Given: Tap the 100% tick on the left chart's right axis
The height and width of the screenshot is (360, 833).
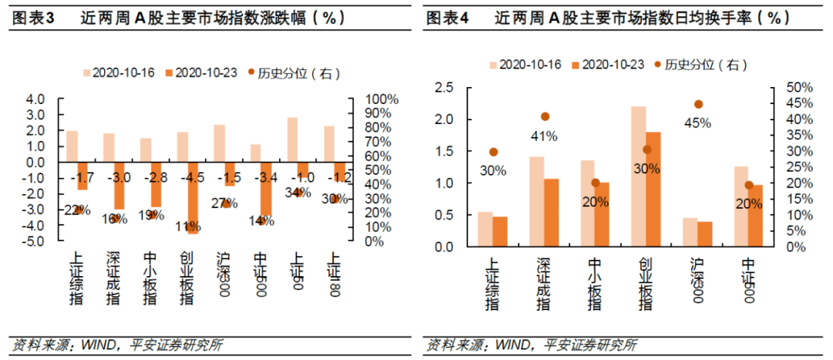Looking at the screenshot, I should coord(379,99).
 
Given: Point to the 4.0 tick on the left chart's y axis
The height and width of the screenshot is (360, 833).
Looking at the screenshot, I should coord(35,99).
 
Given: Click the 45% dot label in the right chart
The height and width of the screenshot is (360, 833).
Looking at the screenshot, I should coord(696,122).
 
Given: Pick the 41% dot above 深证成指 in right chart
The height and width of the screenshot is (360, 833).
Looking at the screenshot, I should coord(545,116).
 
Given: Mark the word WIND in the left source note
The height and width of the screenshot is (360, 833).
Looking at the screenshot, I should coord(96,345).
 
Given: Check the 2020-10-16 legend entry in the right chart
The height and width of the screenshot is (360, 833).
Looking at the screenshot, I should coord(524,65).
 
